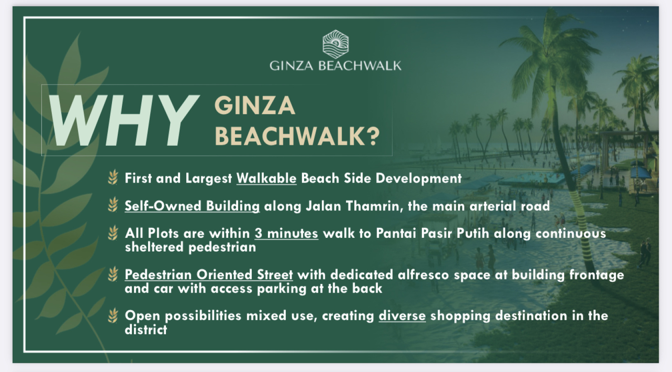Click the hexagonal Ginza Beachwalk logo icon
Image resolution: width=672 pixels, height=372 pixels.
(x=336, y=44)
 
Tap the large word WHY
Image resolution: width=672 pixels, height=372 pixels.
(x=124, y=120)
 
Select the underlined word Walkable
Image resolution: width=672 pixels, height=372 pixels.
(x=266, y=179)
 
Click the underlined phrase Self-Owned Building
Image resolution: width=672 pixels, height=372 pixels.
(x=192, y=206)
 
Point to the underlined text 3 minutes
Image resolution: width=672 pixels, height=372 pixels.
(x=287, y=233)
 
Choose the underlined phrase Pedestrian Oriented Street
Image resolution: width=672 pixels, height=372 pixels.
(x=209, y=275)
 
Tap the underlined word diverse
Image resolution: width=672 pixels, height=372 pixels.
(x=402, y=316)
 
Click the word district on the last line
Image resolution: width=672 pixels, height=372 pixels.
(x=146, y=330)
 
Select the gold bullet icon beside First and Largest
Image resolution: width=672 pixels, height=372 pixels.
(x=113, y=177)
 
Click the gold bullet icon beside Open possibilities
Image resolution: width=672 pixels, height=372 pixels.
(x=113, y=316)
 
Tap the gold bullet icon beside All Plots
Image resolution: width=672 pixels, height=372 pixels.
(x=113, y=233)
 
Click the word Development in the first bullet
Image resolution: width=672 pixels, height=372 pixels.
(x=419, y=179)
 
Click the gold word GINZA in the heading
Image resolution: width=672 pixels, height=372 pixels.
(x=255, y=106)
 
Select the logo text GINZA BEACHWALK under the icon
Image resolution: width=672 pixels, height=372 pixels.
(x=336, y=66)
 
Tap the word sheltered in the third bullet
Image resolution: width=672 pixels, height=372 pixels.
(x=154, y=247)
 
